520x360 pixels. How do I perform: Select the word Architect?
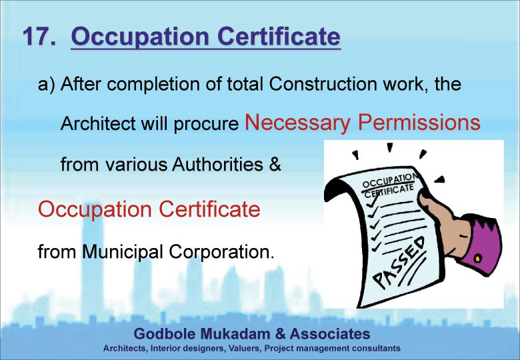pyautogui.click(x=98, y=123)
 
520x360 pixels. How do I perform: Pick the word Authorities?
pyautogui.click(x=217, y=164)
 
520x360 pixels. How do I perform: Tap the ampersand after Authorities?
pyautogui.click(x=275, y=164)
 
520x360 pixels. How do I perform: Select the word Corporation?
pyautogui.click(x=221, y=251)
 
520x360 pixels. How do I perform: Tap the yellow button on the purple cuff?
pyautogui.click(x=477, y=257)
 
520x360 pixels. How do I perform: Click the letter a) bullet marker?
pyautogui.click(x=46, y=85)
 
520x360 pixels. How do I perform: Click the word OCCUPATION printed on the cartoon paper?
pyautogui.click(x=389, y=180)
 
